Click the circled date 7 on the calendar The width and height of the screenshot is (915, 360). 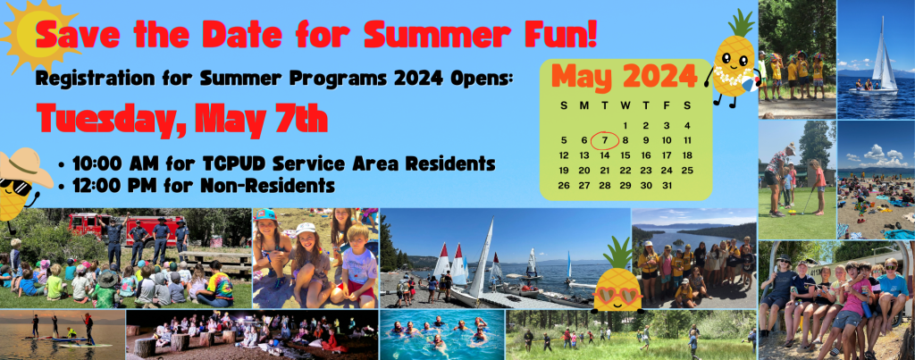605,140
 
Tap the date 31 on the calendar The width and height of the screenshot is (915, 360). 667,186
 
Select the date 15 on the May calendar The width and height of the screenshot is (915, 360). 625,155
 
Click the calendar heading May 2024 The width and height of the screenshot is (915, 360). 624,75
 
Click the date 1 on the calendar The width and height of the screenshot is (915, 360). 625,125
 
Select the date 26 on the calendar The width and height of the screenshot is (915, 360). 564,186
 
